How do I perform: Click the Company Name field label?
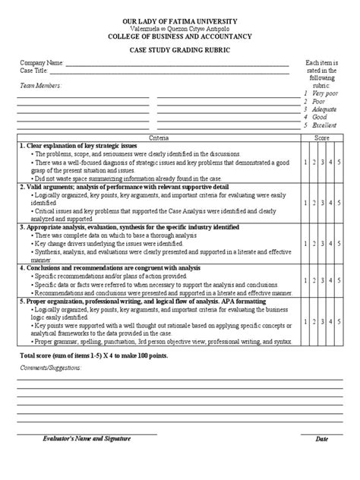pos(38,62)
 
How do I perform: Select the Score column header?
pos(322,137)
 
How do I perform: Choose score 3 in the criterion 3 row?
pos(323,242)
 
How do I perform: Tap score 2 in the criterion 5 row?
pos(314,321)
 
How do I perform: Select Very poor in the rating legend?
pos(323,94)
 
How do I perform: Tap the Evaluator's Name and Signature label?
pos(87,439)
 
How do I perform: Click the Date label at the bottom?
pos(322,440)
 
